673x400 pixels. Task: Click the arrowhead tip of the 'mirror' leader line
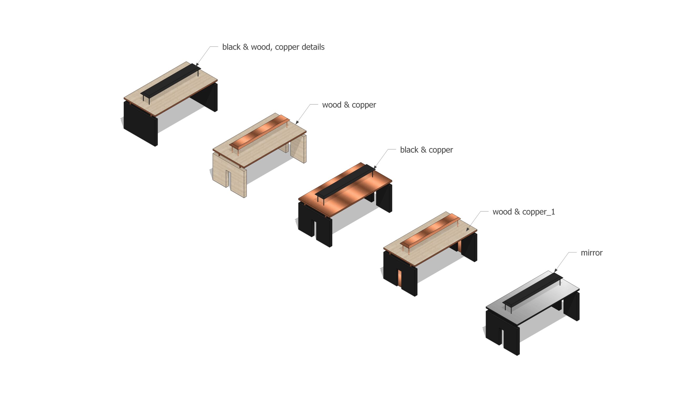[x=554, y=272]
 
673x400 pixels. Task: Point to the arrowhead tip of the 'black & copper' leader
[x=374, y=169]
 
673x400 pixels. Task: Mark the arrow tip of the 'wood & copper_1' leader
[x=466, y=231]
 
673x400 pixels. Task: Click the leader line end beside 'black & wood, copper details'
[x=218, y=47]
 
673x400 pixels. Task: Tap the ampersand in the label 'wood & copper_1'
[x=517, y=212]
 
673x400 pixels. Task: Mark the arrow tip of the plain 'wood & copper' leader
[x=296, y=124]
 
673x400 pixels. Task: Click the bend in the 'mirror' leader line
[x=569, y=252]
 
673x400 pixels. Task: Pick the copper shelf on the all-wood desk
[x=259, y=132]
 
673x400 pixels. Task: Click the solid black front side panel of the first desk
[x=140, y=124]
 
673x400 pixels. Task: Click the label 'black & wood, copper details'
[x=273, y=47]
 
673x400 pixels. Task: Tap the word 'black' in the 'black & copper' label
[x=409, y=150]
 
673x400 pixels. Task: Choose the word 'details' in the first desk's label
[x=313, y=47]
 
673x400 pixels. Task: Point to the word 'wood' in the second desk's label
[x=332, y=105]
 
